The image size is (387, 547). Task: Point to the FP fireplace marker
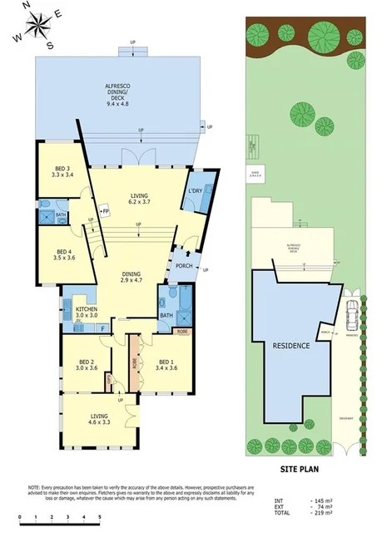pos(105,212)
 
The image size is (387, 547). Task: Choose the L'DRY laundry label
pos(196,191)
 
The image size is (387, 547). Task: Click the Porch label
pos(184,266)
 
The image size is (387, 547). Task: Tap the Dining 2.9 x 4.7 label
pos(130,278)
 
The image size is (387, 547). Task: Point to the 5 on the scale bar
pos(99,517)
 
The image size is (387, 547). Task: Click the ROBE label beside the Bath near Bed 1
pos(182,331)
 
